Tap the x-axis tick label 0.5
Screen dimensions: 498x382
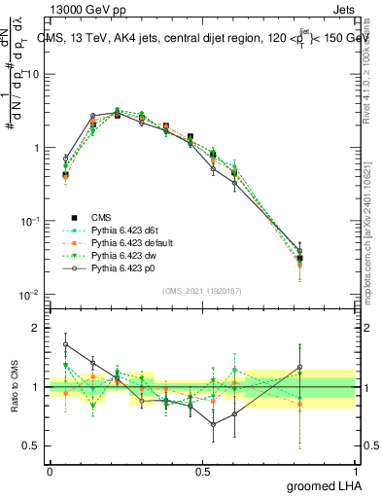point(203,470)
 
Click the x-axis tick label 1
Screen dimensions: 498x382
point(356,470)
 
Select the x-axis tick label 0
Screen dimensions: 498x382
point(50,470)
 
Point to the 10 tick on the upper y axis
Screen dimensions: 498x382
point(35,74)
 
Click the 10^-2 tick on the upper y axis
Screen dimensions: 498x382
point(33,295)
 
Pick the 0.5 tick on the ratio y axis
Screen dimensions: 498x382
point(35,446)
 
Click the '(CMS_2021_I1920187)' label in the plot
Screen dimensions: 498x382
point(202,289)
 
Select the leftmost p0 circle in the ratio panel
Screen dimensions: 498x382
point(65,344)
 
